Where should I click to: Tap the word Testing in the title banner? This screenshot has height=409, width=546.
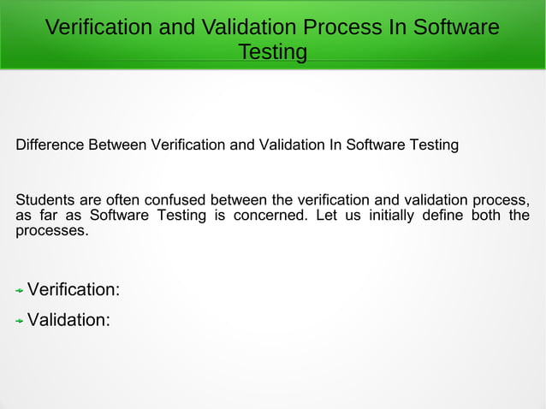point(272,52)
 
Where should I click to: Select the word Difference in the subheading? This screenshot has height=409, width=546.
point(50,145)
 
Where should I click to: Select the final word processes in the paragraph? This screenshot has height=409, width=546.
point(51,231)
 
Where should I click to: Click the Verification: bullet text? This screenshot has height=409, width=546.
point(74,290)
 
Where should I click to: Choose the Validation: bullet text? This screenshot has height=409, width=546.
point(68,321)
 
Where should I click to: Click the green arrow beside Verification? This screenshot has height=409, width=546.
point(20,291)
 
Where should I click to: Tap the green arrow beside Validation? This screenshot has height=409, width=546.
point(20,322)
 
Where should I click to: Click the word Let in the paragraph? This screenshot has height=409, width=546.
point(327,216)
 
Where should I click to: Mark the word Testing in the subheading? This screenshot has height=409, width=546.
point(434,145)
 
